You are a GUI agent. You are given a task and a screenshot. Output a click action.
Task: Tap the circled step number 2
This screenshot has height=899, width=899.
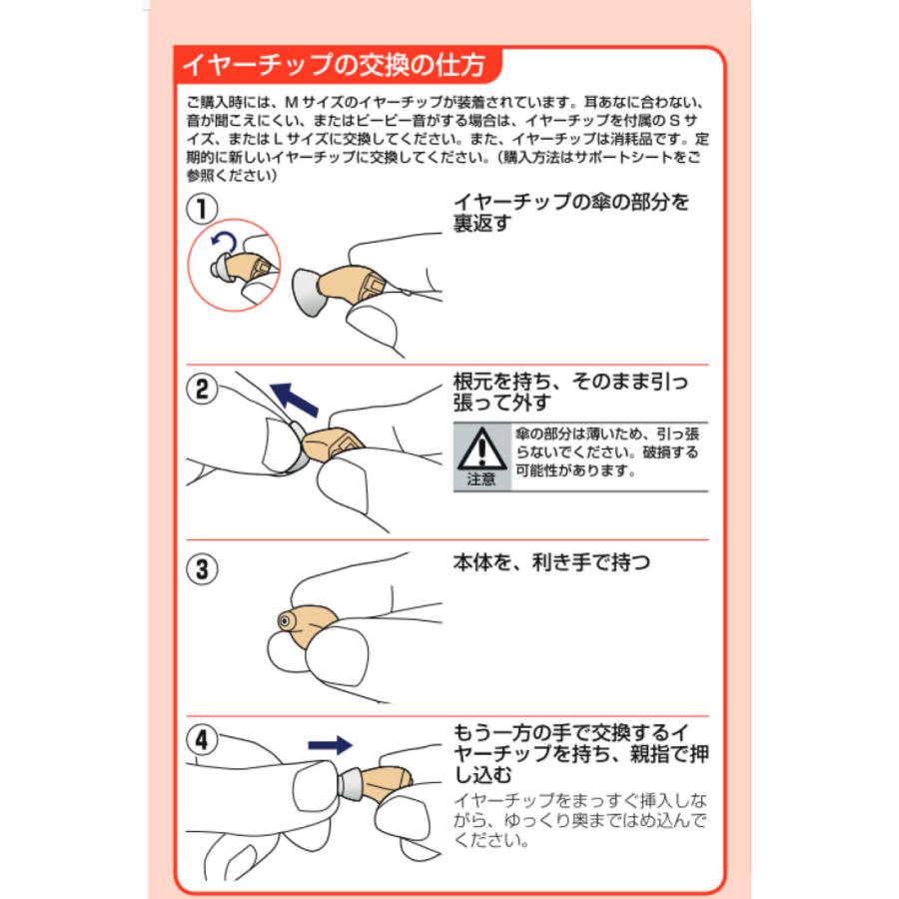click(203, 390)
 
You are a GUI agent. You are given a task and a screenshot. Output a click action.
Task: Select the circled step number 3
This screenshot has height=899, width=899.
click(203, 569)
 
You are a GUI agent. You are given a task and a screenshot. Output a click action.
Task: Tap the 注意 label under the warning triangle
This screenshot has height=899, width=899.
click(481, 478)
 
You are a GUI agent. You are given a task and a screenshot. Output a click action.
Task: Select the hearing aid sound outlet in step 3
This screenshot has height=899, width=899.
click(287, 623)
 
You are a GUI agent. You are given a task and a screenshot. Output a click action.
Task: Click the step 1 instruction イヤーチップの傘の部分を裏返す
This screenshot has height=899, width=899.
click(571, 212)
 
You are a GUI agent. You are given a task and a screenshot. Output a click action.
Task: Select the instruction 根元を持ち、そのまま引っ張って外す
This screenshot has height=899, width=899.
click(571, 391)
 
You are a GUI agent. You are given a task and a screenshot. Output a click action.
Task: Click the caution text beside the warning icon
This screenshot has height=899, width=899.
click(607, 452)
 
